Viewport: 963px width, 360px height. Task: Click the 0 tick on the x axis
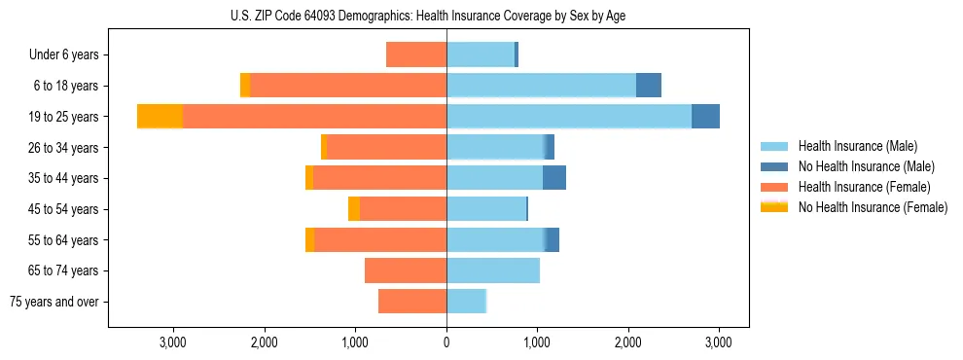coord(446,342)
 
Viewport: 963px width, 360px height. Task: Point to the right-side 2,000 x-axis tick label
coord(628,342)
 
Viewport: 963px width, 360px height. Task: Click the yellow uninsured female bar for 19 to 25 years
coord(160,117)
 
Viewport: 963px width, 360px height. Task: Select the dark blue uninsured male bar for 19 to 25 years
coord(705,117)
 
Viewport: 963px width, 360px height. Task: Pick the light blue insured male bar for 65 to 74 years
coord(493,270)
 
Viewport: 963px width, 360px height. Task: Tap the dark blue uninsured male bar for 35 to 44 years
coord(554,178)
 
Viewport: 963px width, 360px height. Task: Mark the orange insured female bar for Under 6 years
coord(416,55)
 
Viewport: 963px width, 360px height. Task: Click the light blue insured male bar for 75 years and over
coord(466,302)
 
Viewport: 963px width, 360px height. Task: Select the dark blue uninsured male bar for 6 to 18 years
coord(649,86)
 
